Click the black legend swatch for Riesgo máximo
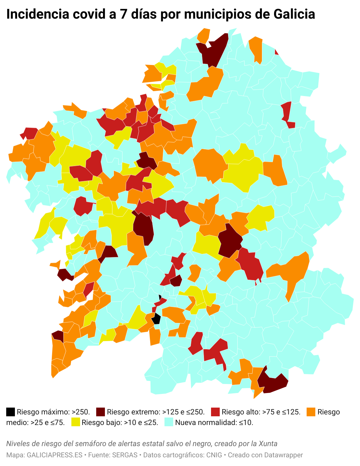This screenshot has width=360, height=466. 11,412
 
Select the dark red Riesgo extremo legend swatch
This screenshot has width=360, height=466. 101,412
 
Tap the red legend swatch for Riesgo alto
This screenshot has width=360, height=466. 215,412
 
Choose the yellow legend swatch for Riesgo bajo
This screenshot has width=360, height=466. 76,423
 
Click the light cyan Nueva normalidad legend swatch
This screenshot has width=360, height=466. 169,423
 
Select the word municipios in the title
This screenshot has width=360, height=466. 209,14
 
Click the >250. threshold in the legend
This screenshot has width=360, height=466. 81,412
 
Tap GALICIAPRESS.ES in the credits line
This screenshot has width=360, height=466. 55,455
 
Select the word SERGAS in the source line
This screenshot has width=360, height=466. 125,455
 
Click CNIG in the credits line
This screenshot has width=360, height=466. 214,455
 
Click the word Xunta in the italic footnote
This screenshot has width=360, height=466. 268,444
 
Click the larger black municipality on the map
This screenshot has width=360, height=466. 156,319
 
